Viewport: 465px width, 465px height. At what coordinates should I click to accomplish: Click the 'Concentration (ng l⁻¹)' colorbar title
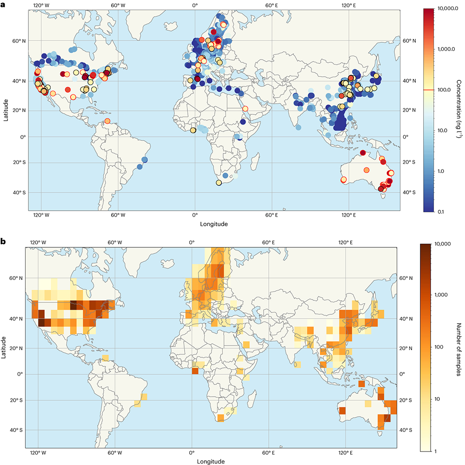(458, 110)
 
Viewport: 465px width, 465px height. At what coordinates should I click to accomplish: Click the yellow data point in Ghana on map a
(193, 131)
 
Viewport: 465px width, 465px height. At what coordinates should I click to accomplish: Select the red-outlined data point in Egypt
(245, 109)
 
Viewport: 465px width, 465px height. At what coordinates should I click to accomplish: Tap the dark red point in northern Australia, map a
(363, 153)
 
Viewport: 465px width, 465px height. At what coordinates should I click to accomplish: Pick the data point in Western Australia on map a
(344, 179)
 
